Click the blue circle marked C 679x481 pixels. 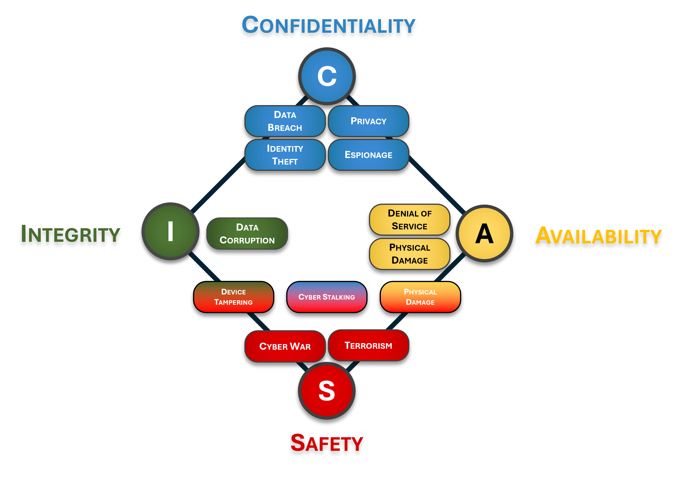point(327,76)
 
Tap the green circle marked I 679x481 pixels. point(170,231)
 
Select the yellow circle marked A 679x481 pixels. point(484,233)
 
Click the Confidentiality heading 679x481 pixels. point(328,25)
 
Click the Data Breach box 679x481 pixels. point(285,121)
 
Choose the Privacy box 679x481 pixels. point(368,121)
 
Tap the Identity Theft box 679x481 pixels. point(285,155)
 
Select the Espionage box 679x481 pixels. point(368,155)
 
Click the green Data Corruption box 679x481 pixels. point(247,234)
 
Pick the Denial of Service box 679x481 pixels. point(409,220)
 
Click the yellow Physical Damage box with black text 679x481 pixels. point(409,254)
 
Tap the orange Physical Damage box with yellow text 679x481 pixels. point(420,297)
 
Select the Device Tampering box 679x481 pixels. point(234,297)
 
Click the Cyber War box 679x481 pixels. point(285,346)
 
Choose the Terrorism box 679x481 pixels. point(368,345)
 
